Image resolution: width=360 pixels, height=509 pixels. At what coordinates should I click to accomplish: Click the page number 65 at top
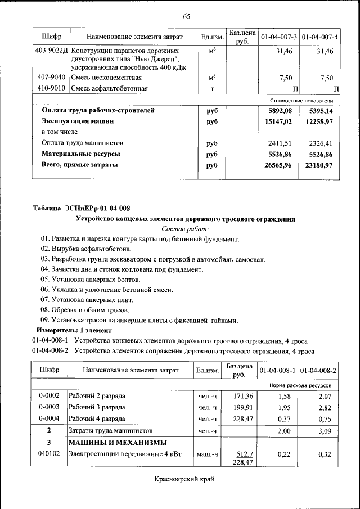click(187, 16)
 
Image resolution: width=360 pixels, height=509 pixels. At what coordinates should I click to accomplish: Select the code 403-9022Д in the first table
click(51, 51)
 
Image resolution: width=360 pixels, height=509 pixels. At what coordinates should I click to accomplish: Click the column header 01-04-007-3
click(278, 37)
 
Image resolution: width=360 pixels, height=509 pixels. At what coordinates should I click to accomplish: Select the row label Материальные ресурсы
click(80, 154)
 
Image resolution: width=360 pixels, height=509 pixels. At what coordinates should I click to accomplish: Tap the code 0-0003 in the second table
click(49, 407)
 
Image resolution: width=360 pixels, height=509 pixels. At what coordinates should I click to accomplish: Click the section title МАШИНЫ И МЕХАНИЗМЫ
click(118, 443)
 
